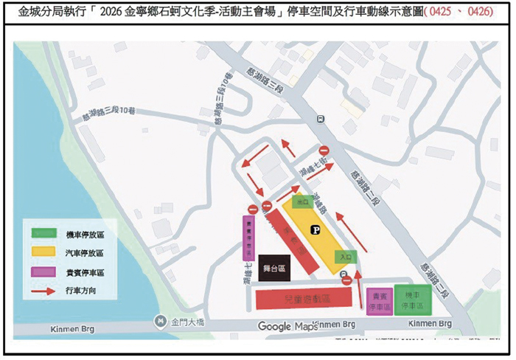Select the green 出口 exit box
pos(301,201)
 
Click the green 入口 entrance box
pos(346,257)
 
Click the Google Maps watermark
pos(287,326)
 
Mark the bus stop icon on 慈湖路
pos(320,119)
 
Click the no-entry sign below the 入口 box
pos(346,279)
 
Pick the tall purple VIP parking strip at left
pos(248,237)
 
